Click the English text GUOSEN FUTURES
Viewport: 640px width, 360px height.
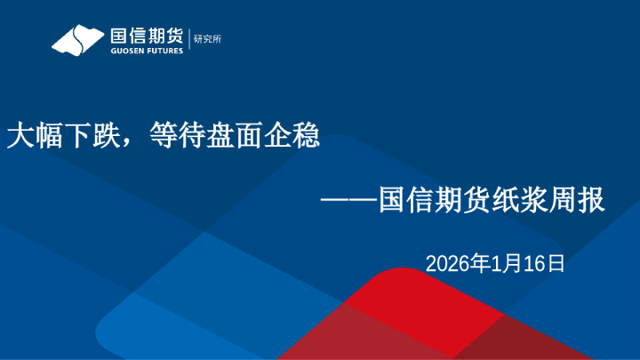[146, 52]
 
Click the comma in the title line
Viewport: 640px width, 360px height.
[128, 142]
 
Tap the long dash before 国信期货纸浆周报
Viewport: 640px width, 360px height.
[349, 200]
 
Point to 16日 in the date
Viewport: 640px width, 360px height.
[542, 263]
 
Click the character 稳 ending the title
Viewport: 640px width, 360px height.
[306, 137]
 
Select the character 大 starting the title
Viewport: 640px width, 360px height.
[19, 137]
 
